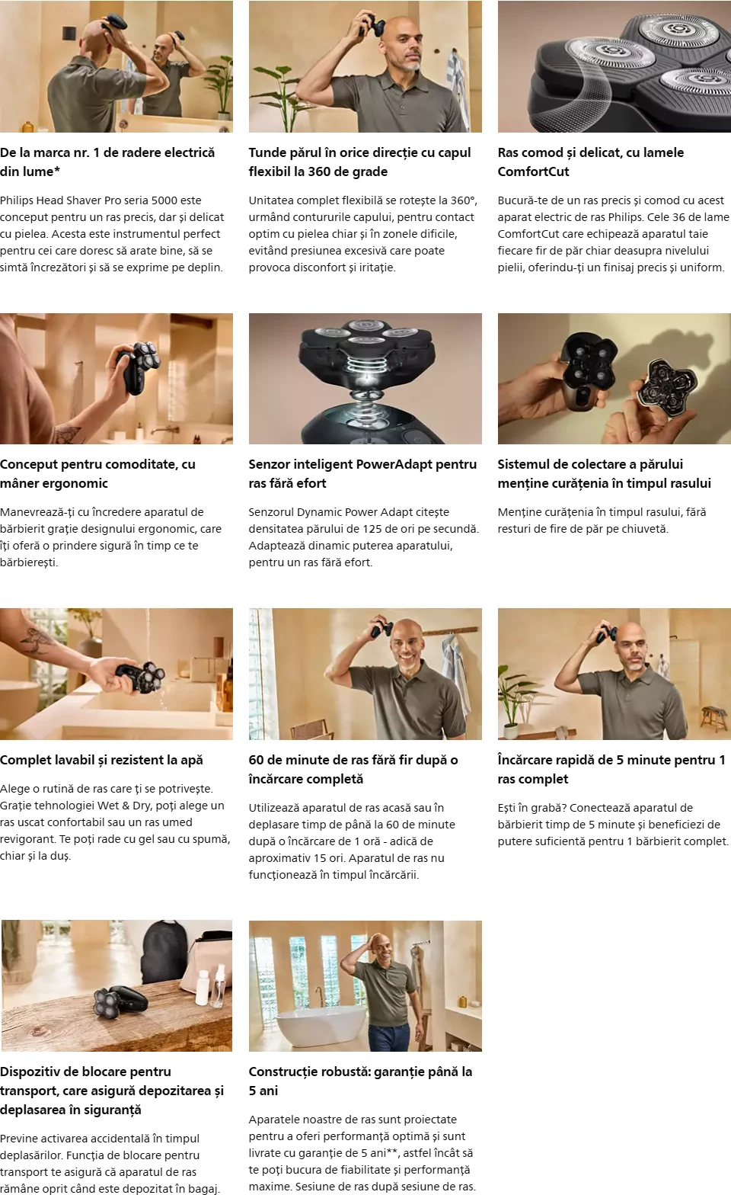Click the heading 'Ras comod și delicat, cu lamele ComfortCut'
(591, 162)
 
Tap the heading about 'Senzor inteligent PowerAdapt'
(362, 473)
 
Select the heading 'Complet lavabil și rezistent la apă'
(101, 760)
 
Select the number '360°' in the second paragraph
(463, 200)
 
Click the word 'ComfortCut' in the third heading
(533, 171)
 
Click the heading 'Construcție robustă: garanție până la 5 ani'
(360, 1081)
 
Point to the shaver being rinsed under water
(138, 676)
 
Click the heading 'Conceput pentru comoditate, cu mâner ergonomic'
(97, 473)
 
